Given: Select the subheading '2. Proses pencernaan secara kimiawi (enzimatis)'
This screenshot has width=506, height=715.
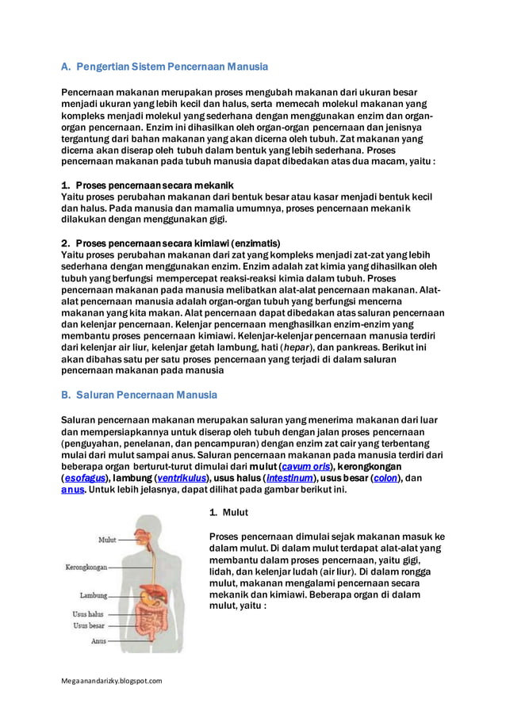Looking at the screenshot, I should coord(171,243).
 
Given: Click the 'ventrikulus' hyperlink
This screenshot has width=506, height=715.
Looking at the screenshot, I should coord(181,478).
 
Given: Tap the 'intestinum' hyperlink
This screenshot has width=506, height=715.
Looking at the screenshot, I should coord(289,478).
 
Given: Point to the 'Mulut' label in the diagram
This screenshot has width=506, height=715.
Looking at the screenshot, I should coord(107,540).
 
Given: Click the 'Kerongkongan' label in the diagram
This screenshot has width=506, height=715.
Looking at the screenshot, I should coord(86,568).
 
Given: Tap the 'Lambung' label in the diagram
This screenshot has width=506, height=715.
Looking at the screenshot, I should coord(94,595).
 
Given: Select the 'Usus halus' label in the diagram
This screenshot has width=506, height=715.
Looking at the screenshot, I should coord(88,614).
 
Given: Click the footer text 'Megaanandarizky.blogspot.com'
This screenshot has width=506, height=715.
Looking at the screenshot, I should coord(112,680).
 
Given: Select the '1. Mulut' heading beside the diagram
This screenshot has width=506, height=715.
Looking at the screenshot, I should coord(229,513).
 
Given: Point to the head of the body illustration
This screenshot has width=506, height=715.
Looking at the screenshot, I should coord(148,527).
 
